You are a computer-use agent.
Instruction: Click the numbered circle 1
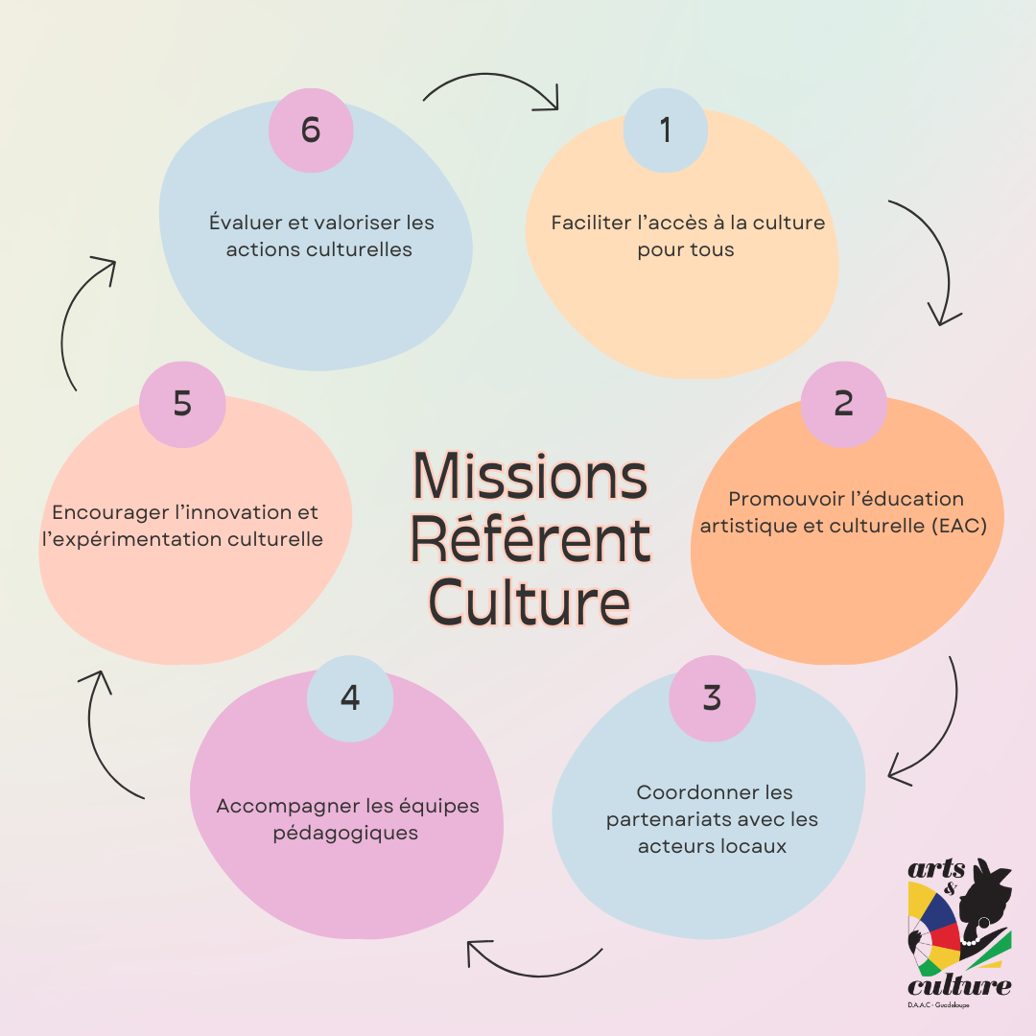coord(666,129)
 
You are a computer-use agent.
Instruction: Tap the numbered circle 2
coord(843,403)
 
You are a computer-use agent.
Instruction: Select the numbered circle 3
coord(711,697)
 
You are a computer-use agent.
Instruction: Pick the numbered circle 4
coord(350,697)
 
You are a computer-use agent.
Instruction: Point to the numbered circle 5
coord(182,404)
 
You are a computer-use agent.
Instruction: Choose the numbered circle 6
coord(311,129)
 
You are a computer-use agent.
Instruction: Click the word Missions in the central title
coord(530,476)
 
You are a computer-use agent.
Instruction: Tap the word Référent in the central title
coord(530,540)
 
